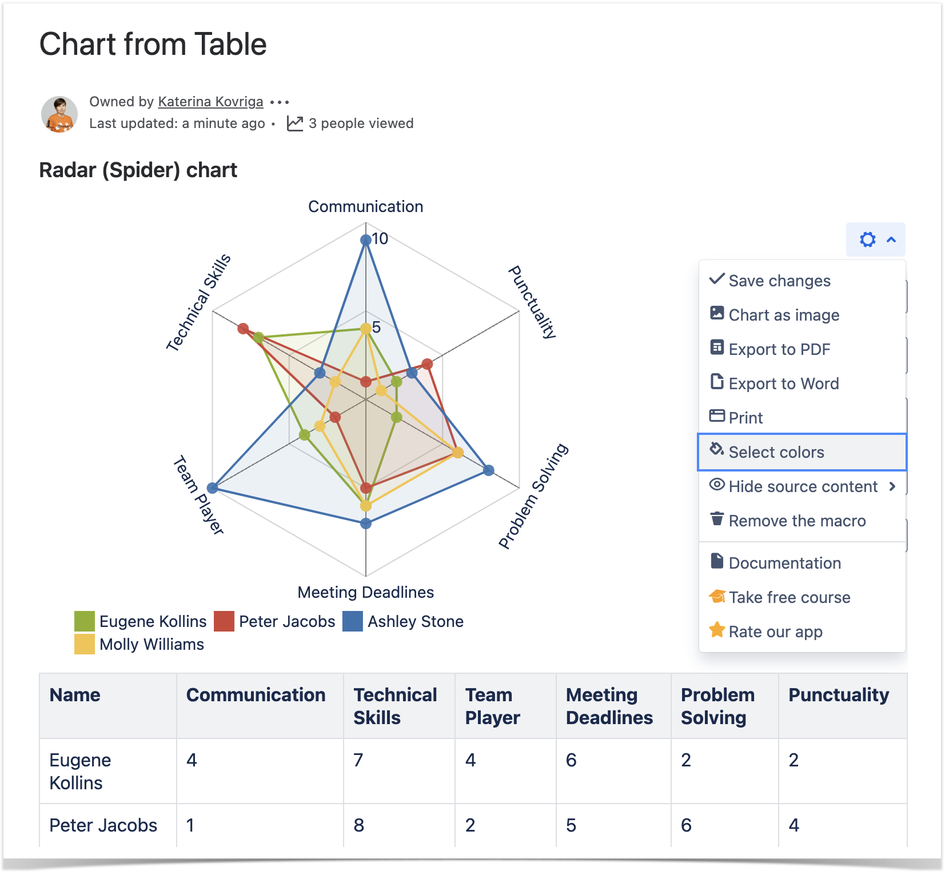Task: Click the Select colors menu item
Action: pyautogui.click(x=776, y=452)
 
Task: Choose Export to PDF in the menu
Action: pyautogui.click(x=779, y=349)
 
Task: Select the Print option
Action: pyautogui.click(x=745, y=418)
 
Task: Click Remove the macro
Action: pyautogui.click(x=796, y=521)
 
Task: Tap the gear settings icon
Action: pyautogui.click(x=867, y=239)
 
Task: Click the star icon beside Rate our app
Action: pyautogui.click(x=717, y=630)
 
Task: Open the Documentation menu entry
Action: pyautogui.click(x=784, y=563)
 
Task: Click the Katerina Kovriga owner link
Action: pyautogui.click(x=210, y=102)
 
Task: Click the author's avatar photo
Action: pyautogui.click(x=59, y=114)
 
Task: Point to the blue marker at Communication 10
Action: pyautogui.click(x=366, y=240)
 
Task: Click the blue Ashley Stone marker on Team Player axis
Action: pyautogui.click(x=213, y=488)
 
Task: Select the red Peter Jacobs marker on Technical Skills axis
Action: pyautogui.click(x=243, y=329)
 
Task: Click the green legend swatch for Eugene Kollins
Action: pyautogui.click(x=85, y=621)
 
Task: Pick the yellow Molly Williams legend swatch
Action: pyautogui.click(x=85, y=644)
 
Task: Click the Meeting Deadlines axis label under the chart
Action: pyautogui.click(x=365, y=592)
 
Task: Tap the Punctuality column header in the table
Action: pyautogui.click(x=839, y=695)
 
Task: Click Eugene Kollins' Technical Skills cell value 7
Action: pyautogui.click(x=358, y=760)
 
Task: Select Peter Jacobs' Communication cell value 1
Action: pyautogui.click(x=190, y=825)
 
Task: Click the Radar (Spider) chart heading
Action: pyautogui.click(x=138, y=170)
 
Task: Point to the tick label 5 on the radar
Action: pyautogui.click(x=376, y=327)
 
